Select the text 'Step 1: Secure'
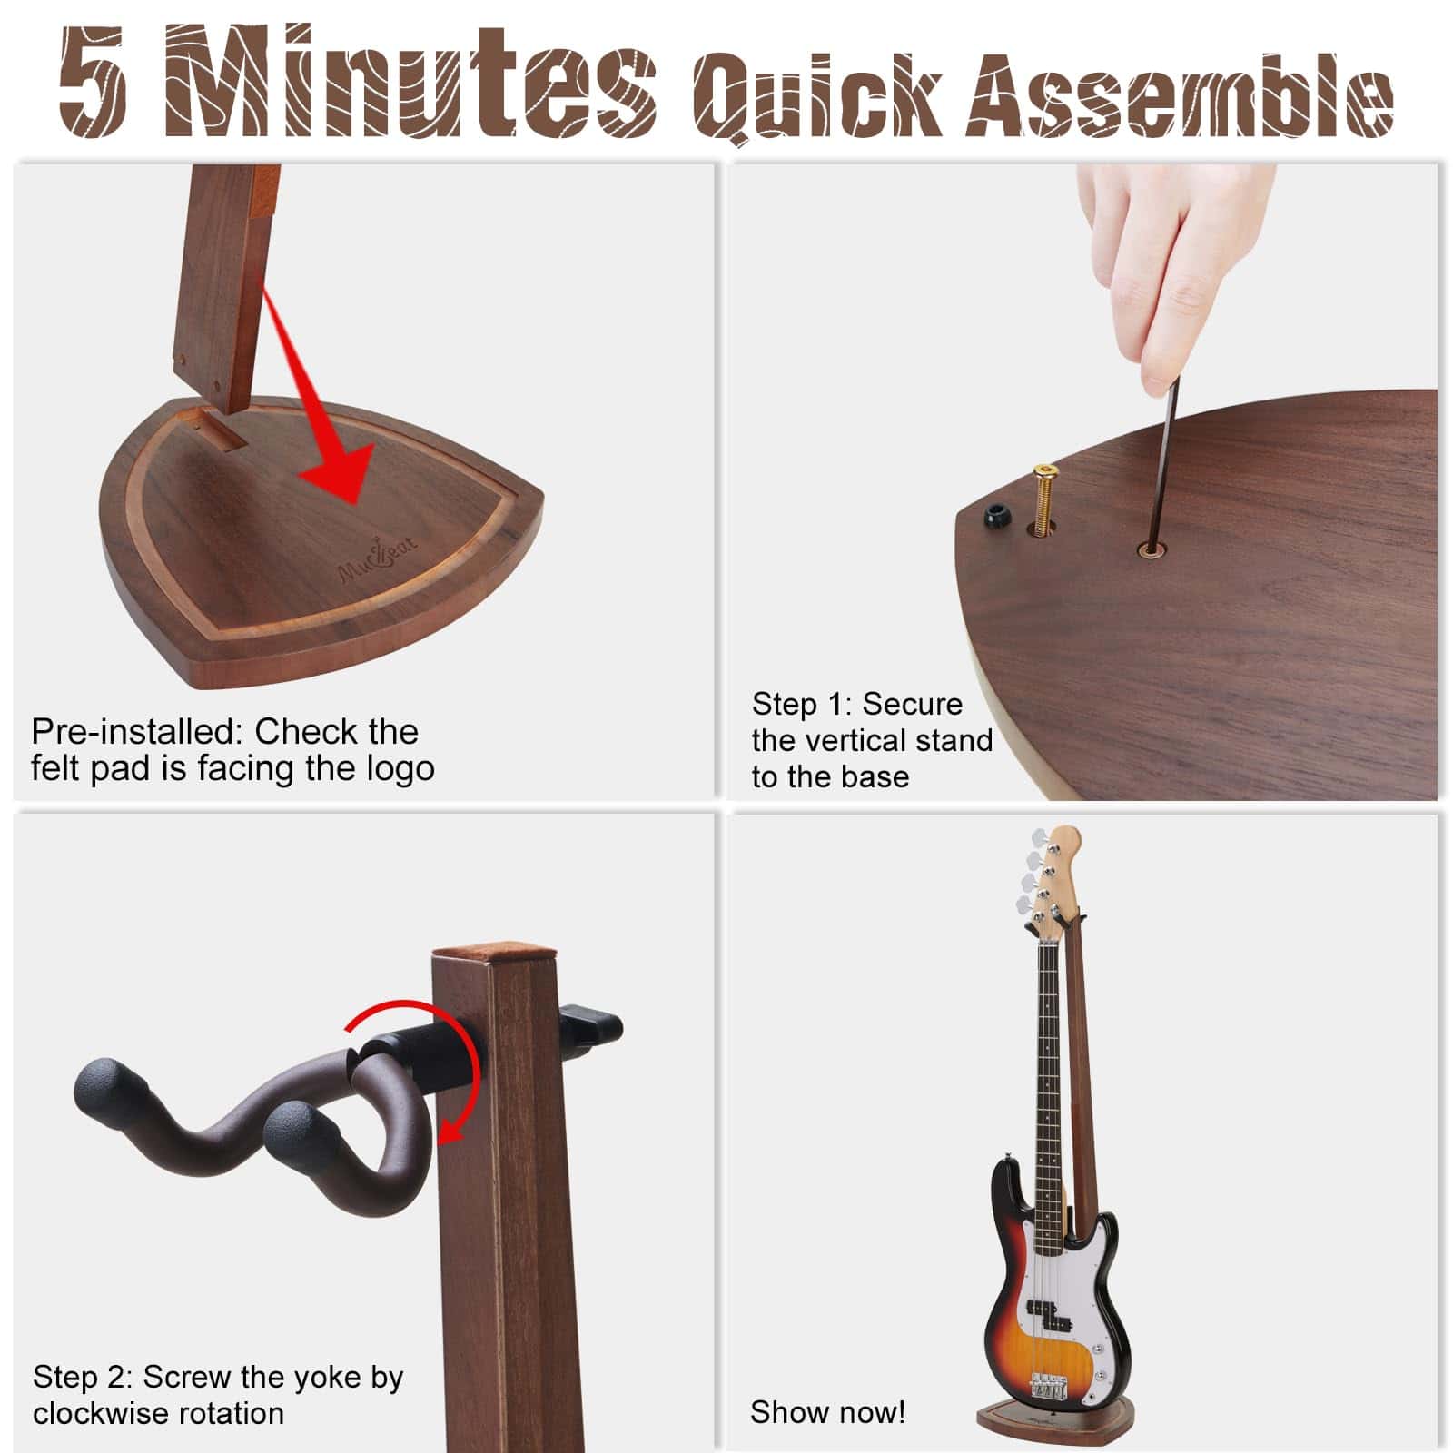[x=856, y=704]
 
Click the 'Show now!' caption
[x=827, y=1412]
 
